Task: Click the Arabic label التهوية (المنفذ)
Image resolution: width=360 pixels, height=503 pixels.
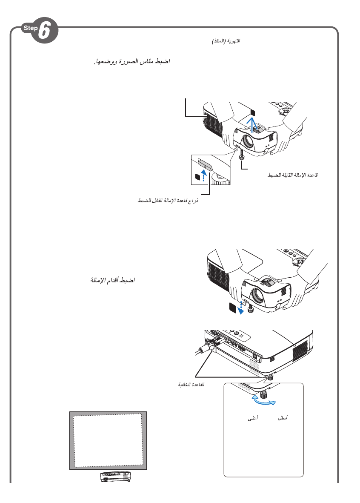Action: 226,41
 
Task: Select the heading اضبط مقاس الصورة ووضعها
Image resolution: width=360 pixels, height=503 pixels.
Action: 131,62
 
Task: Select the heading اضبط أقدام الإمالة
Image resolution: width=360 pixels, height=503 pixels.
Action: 113,281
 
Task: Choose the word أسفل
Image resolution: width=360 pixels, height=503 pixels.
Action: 282,418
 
